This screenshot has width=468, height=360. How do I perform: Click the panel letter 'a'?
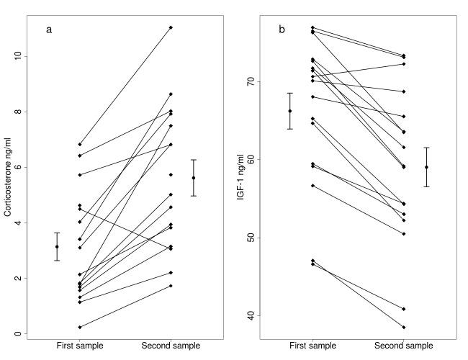click(49, 30)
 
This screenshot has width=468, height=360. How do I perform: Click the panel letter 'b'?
click(282, 30)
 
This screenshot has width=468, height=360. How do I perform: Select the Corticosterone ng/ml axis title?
click(8, 179)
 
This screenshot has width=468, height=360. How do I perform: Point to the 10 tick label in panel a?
click(17, 56)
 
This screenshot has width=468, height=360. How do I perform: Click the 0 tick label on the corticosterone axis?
click(17, 334)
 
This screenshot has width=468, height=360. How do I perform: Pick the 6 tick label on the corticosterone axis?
click(17, 167)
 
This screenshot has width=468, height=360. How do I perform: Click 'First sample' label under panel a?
click(80, 346)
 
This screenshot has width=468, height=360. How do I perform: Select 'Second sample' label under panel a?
click(171, 346)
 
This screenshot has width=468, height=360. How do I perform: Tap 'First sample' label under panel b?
click(313, 346)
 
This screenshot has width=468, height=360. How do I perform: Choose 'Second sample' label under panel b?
click(404, 346)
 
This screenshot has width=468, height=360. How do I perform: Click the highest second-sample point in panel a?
click(171, 27)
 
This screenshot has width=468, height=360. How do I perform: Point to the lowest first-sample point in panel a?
click(80, 327)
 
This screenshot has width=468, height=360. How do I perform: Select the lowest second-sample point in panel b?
click(404, 327)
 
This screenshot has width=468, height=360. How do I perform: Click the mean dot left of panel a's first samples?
click(57, 247)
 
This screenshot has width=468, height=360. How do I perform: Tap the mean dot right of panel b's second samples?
click(426, 167)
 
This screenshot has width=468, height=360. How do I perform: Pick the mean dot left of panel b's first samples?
click(290, 111)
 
